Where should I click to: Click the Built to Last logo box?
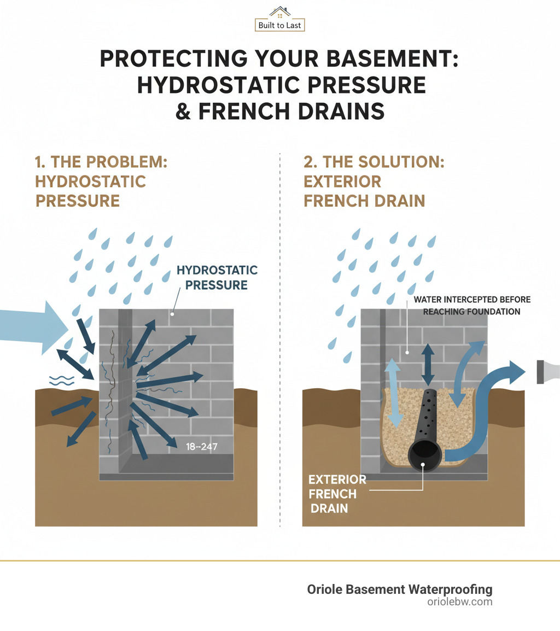tap(279, 25)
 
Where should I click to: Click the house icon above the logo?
tap(279, 12)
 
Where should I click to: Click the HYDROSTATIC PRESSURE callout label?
tap(217, 277)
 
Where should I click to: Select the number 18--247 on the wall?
tap(201, 447)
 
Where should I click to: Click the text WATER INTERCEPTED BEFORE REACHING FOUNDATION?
tap(471, 306)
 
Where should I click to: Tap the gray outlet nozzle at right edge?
tap(547, 371)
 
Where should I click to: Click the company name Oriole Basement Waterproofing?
tap(399, 589)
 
